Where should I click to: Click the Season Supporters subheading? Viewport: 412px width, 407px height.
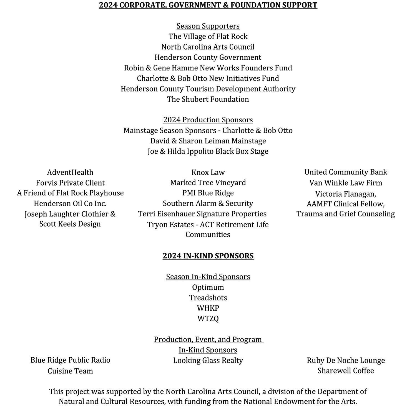point(208,26)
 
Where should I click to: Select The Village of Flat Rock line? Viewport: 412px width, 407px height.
point(208,36)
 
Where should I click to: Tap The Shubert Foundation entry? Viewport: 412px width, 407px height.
point(208,99)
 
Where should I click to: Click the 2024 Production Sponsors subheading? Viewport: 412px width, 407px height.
point(208,120)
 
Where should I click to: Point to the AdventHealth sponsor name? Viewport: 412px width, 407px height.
point(70,172)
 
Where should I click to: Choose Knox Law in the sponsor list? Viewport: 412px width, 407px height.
point(208,172)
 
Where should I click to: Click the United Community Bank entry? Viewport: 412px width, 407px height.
point(346,172)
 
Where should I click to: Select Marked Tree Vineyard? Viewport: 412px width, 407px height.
point(208,183)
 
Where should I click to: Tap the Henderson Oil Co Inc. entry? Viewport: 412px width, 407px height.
point(70,204)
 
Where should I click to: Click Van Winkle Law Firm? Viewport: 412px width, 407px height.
point(346,183)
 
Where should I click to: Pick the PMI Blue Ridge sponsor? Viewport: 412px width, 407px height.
point(208,193)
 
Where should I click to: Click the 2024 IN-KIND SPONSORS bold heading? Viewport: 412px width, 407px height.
point(208,256)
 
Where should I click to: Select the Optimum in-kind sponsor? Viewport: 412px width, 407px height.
point(208,287)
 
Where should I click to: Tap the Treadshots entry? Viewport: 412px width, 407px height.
point(208,298)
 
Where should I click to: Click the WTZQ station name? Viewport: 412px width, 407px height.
point(208,318)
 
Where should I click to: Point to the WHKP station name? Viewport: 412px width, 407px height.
point(208,308)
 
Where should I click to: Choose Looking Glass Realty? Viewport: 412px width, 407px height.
point(208,360)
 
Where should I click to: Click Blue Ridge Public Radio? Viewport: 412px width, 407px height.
point(70,360)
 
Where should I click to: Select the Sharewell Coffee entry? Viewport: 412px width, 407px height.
point(346,371)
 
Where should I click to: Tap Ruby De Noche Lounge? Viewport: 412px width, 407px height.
point(346,360)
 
